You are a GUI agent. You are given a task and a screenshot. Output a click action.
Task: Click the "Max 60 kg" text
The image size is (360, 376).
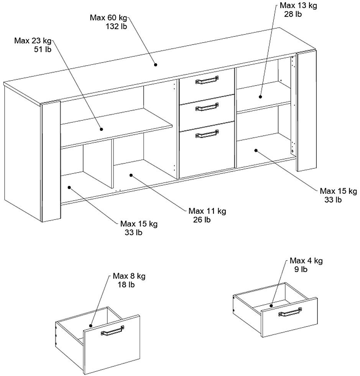point(108,18)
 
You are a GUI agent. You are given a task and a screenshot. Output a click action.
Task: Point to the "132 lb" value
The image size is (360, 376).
point(116,26)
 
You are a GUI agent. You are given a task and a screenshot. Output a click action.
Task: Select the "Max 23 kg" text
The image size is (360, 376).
point(33,41)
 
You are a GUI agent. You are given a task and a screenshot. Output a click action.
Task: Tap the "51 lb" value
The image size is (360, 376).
point(43,49)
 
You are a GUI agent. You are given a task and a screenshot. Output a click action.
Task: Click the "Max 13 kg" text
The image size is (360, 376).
point(298,6)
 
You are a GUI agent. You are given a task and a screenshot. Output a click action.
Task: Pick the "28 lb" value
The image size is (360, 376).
point(293,14)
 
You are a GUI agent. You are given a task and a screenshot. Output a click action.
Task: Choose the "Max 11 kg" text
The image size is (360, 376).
point(207,211)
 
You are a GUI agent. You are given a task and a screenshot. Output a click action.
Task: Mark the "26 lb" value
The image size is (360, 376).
point(202,220)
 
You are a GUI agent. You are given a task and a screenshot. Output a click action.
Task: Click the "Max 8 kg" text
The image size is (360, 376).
point(129,276)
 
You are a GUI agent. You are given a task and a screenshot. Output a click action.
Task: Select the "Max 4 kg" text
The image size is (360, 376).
point(306,261)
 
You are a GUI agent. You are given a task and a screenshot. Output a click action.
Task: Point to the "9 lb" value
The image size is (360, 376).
point(301,269)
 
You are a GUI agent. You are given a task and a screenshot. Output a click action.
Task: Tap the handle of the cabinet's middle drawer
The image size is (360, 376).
point(207,107)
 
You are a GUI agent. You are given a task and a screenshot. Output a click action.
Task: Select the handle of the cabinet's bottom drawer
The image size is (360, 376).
point(207,134)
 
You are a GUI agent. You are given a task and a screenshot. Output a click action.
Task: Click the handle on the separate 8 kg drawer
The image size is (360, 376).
point(112,331)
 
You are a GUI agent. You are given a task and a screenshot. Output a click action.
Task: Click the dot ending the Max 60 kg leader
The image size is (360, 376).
point(156,65)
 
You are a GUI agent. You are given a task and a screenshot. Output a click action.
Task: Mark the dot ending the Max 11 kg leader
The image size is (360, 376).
point(131,175)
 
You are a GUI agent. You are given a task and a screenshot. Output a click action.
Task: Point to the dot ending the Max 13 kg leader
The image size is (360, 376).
point(260,97)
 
